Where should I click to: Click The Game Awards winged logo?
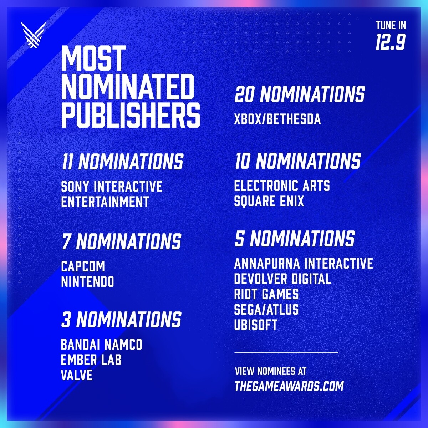[33, 35]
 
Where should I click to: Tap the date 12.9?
[391, 42]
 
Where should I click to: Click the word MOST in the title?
[94, 58]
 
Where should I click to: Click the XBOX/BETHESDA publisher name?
[277, 119]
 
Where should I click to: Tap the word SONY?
[75, 186]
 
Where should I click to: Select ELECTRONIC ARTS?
[282, 186]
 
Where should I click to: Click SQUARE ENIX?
[269, 201]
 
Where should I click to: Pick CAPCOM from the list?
[83, 266]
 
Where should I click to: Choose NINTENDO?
[87, 282]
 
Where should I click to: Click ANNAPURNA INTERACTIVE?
[304, 264]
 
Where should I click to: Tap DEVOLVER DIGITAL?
[282, 279]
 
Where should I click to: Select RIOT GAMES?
[266, 294]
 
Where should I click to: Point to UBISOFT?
[256, 325]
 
